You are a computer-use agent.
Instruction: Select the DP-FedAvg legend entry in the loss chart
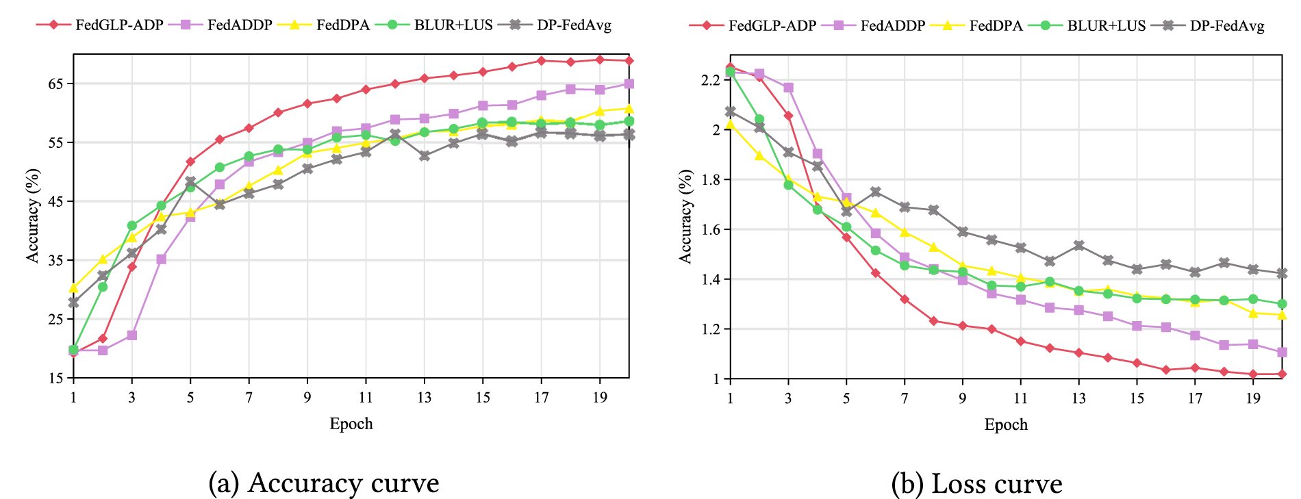(x=1226, y=26)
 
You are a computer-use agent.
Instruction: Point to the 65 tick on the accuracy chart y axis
(x=55, y=84)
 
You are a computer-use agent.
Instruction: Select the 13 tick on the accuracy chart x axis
(x=425, y=398)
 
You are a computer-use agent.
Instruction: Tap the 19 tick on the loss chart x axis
(x=1253, y=398)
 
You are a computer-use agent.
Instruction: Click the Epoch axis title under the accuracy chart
(x=351, y=424)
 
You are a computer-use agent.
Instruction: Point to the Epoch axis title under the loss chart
(x=1006, y=424)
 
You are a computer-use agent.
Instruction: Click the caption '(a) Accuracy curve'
(x=323, y=483)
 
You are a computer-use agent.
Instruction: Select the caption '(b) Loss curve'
(x=976, y=483)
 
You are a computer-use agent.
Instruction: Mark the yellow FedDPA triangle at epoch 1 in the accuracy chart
(x=73, y=288)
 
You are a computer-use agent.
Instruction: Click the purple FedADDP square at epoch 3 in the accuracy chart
(x=131, y=335)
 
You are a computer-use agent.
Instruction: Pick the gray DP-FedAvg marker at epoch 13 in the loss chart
(x=1079, y=245)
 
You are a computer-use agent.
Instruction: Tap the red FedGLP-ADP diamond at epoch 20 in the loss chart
(x=1282, y=374)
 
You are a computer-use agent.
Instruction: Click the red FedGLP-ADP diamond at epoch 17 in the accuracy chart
(x=542, y=61)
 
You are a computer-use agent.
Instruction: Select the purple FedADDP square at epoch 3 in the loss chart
(x=788, y=88)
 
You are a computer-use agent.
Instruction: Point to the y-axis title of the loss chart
(x=685, y=216)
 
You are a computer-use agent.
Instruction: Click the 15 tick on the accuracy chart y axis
(x=55, y=379)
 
